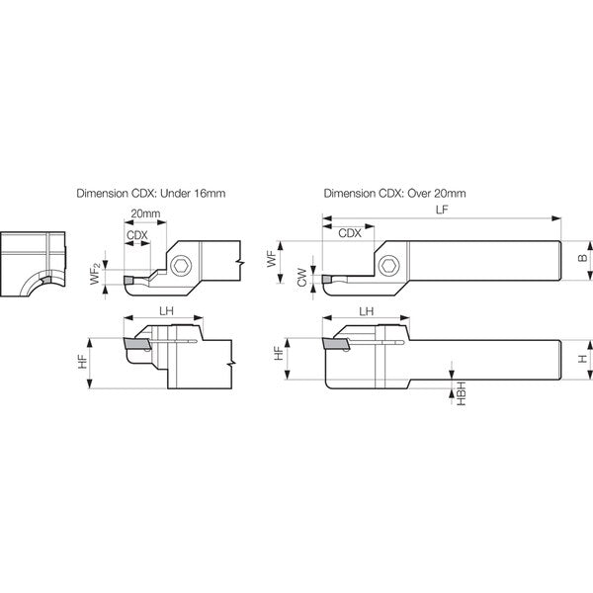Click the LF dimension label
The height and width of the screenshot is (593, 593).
[442, 211]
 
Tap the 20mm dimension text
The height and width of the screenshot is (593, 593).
[145, 213]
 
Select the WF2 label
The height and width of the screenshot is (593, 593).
[96, 275]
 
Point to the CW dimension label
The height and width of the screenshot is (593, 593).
[301, 277]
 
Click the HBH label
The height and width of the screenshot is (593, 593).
[462, 393]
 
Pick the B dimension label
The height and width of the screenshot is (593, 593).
[583, 258]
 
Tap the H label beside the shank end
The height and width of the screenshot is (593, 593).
[583, 358]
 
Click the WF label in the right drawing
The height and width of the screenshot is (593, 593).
[272, 259]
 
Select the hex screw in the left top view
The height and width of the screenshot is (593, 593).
[181, 265]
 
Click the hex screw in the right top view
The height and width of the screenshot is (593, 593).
[388, 266]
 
